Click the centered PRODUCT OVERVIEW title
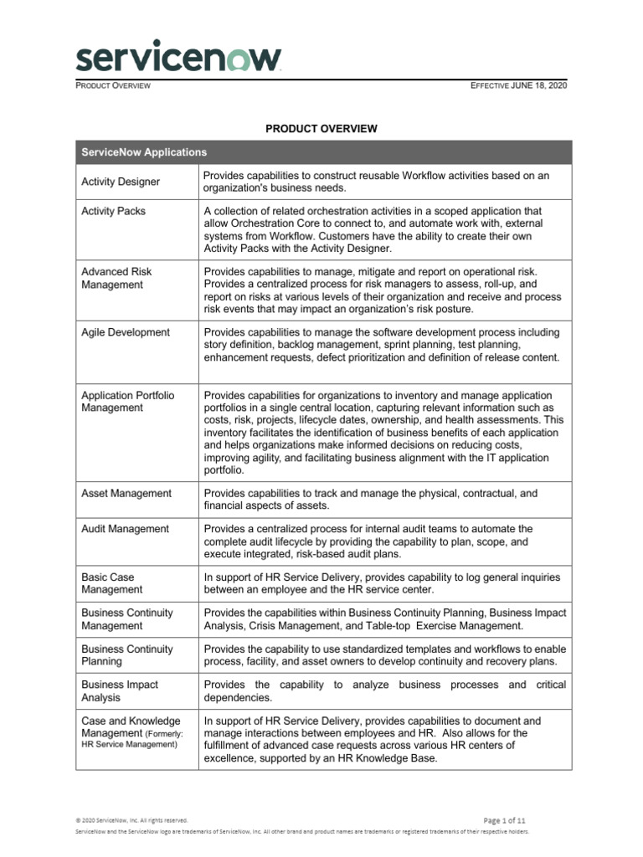pos(321,129)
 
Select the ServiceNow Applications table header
pos(144,152)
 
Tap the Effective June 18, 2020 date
pos(519,87)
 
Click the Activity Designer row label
pos(121,182)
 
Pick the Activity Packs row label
pos(113,211)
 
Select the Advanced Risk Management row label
pos(116,278)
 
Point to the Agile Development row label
pos(126,332)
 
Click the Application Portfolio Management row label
pos(127,402)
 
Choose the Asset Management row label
pos(126,494)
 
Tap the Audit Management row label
pos(125,529)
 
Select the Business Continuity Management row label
pos(127,619)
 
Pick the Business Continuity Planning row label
pos(127,655)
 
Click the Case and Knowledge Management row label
pos(131,732)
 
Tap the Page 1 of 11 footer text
pos(505,820)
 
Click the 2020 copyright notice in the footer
pos(131,820)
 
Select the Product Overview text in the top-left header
pos(113,87)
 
